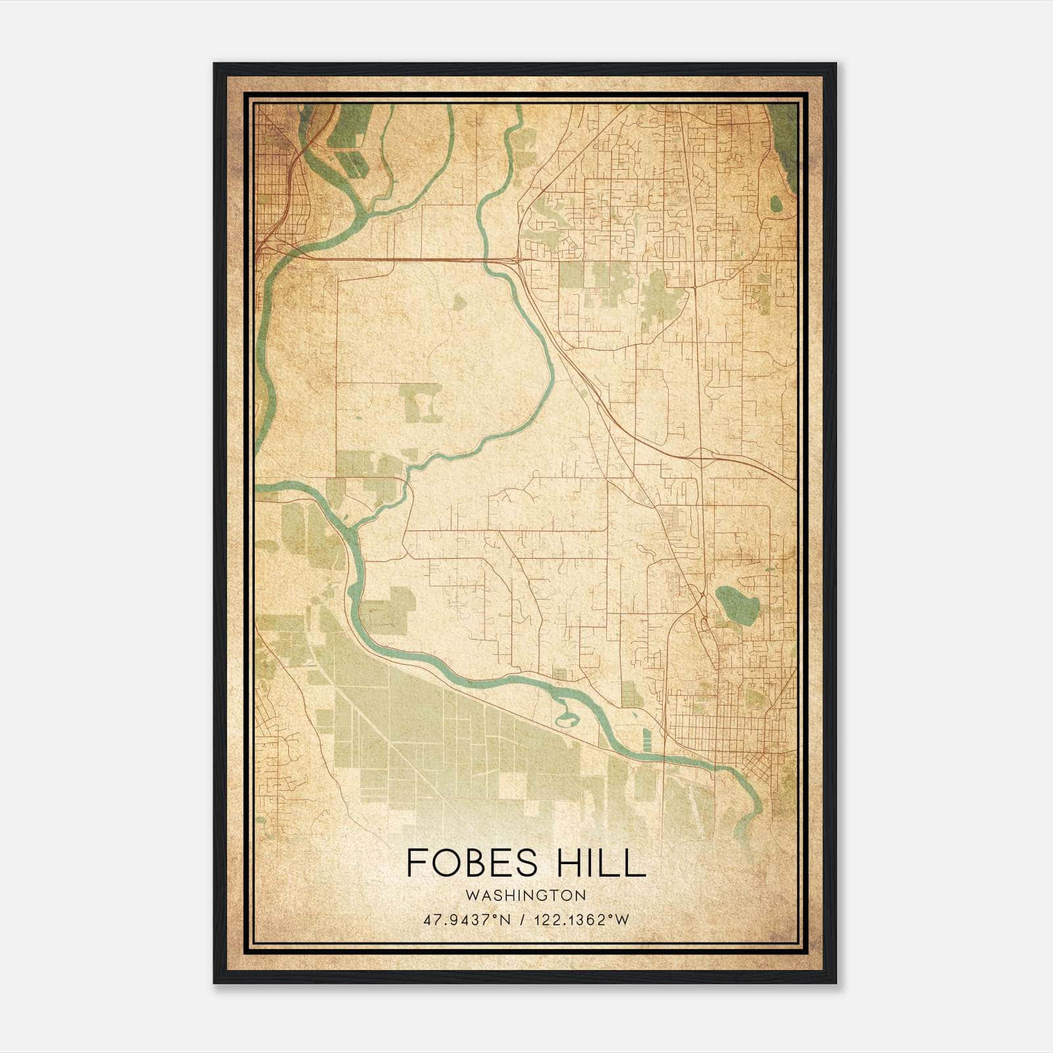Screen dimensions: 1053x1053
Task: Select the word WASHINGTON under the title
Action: (525, 896)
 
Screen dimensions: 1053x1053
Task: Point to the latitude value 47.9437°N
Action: (468, 920)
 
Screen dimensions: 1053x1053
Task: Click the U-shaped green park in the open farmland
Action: (421, 403)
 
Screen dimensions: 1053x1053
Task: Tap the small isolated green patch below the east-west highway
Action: (459, 302)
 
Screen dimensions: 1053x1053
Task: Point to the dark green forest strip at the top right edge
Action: (784, 141)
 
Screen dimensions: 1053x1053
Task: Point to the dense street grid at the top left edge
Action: (270, 178)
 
